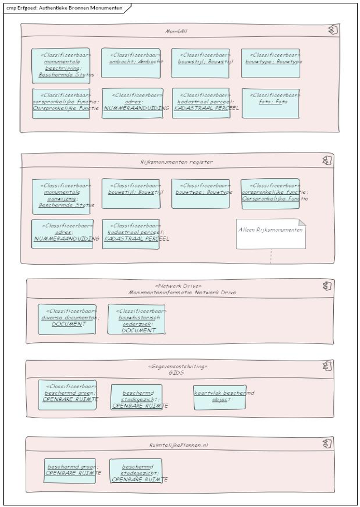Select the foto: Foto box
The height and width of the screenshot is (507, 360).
(270, 103)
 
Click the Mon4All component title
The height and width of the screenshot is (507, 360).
(176, 31)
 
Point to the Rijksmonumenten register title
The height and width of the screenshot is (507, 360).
(176, 162)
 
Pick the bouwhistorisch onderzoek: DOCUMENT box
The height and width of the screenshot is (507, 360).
(136, 319)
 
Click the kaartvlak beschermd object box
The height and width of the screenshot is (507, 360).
(219, 396)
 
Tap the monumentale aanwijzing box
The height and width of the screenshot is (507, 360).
(61, 194)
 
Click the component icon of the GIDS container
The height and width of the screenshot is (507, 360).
(328, 367)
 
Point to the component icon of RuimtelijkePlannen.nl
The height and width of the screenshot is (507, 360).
(328, 444)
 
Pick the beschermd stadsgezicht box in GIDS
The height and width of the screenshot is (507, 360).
(136, 397)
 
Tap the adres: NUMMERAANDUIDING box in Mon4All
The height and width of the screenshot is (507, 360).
(131, 103)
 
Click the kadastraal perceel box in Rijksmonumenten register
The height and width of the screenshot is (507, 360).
(131, 234)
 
